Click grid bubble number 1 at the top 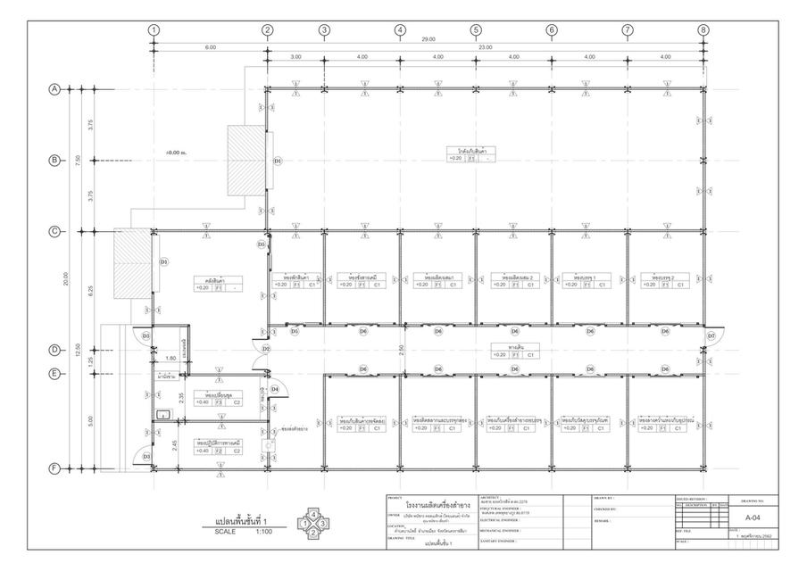click(154, 29)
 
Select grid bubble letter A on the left click(54, 89)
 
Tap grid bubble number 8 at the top click(703, 29)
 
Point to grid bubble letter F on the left click(54, 468)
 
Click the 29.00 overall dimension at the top click(428, 39)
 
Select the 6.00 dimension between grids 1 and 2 click(211, 47)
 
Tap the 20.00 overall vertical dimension click(64, 279)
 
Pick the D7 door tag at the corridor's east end click(711, 335)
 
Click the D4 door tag click(275, 389)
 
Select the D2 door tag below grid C click(266, 349)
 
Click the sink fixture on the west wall click(163, 415)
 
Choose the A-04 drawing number click(753, 517)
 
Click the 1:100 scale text click(264, 532)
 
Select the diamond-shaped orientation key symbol click(313, 523)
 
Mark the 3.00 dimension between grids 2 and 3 click(295, 57)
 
